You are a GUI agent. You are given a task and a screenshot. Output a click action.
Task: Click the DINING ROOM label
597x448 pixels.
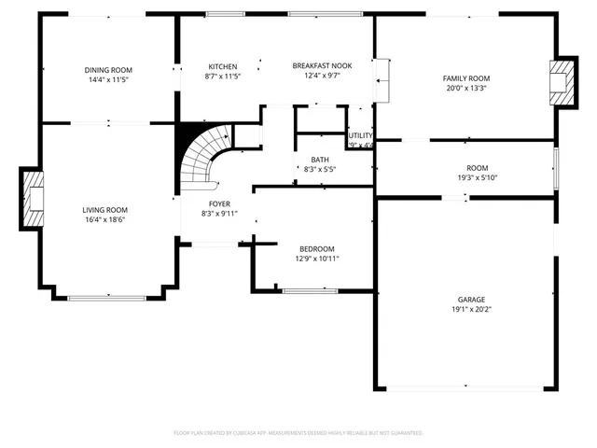pos(108,70)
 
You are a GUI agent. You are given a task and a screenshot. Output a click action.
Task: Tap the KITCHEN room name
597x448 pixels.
pos(222,66)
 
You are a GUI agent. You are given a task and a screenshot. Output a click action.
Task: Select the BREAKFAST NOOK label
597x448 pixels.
pos(322,66)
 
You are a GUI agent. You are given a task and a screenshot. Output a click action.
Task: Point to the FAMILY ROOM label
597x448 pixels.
pos(465,78)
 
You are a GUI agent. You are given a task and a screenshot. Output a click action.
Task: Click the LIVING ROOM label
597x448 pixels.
pos(104,210)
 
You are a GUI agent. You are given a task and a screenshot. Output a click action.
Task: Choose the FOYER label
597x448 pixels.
pos(219,203)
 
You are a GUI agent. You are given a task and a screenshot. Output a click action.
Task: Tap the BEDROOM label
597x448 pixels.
pos(316,248)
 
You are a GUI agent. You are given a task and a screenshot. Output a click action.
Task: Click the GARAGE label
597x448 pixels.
pos(465,299)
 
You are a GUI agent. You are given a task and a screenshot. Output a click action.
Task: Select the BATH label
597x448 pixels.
pos(320,160)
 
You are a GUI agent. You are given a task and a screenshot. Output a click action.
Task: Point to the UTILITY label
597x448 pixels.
pos(360,135)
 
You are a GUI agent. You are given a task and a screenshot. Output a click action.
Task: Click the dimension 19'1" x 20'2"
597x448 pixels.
pos(465,309)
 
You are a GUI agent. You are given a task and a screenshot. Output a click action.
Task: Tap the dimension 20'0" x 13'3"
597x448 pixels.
pos(465,89)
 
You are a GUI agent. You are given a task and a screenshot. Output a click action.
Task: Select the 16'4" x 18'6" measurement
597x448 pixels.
pos(104,220)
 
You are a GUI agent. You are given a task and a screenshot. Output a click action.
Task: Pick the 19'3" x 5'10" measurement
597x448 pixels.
pos(465,177)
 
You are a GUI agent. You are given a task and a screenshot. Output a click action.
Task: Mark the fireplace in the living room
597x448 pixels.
pos(33,198)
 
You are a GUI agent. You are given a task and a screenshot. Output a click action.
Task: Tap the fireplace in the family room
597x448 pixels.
pos(562,82)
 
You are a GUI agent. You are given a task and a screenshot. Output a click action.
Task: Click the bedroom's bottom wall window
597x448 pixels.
pos(311,291)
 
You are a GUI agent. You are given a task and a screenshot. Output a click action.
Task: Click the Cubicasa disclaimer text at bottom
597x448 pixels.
pos(298,433)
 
